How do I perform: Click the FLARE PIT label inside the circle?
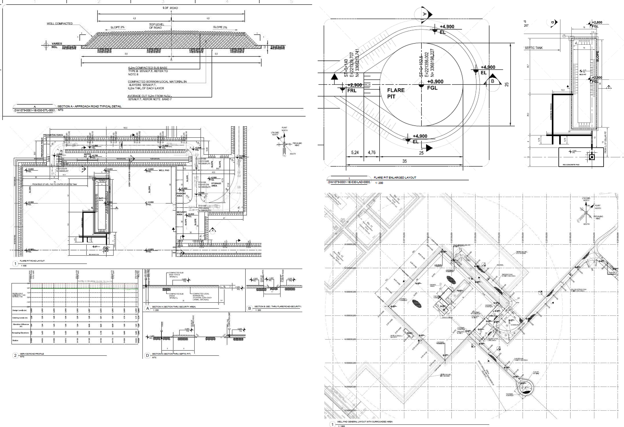click(x=395, y=93)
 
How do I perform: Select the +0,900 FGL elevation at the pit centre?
click(x=435, y=84)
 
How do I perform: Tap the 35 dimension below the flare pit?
click(x=404, y=161)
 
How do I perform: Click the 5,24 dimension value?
click(x=355, y=152)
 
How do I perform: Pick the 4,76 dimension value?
click(x=371, y=152)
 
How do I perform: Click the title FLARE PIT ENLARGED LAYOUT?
click(x=395, y=178)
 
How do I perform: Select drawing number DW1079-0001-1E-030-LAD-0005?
click(x=349, y=182)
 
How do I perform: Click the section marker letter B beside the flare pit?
click(x=492, y=81)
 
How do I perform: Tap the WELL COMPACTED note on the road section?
click(x=60, y=24)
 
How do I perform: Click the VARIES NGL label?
click(x=57, y=45)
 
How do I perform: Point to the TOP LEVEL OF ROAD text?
click(x=156, y=26)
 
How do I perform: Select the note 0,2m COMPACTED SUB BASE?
click(x=148, y=68)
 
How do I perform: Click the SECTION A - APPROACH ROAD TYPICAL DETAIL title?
click(x=89, y=106)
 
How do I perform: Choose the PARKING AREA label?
click(x=179, y=195)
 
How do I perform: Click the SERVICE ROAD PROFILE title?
click(x=32, y=354)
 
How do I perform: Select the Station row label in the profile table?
click(x=15, y=340)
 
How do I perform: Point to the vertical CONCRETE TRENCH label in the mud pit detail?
click(x=551, y=111)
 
